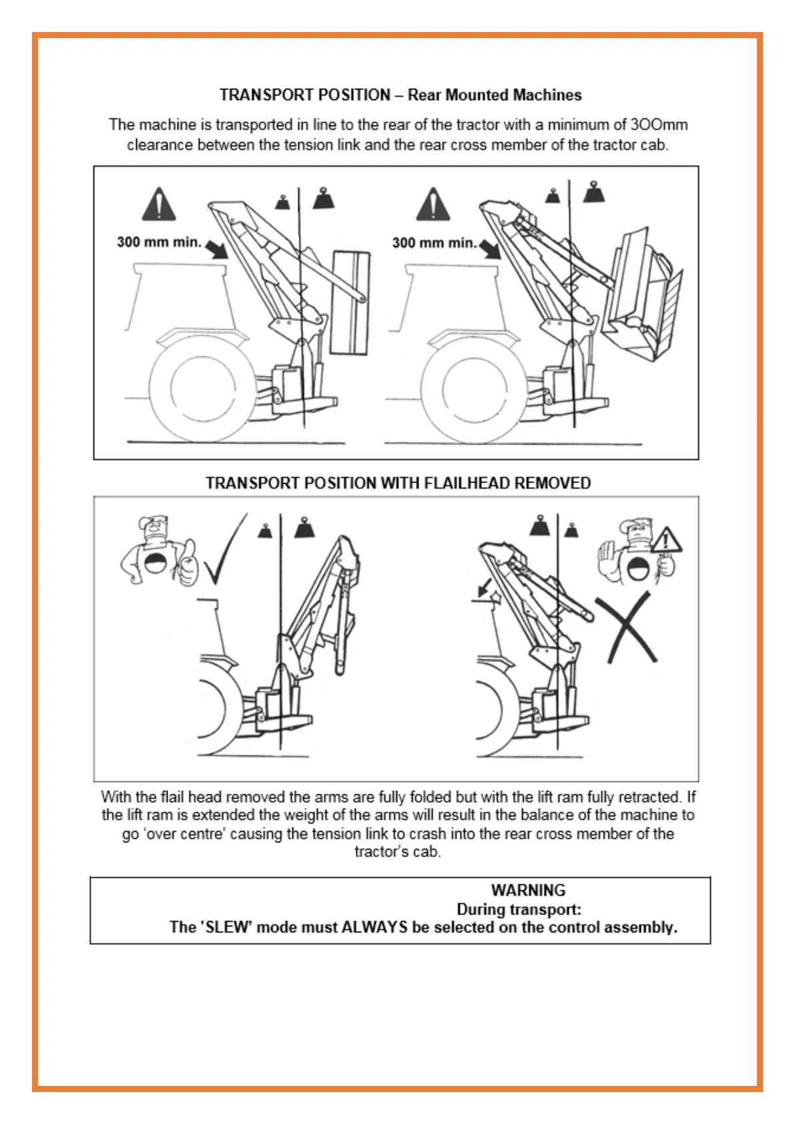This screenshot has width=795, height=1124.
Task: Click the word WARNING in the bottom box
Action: click(x=528, y=890)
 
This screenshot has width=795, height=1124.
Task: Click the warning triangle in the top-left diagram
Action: click(x=159, y=205)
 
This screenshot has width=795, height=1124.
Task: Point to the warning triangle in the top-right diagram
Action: click(x=433, y=205)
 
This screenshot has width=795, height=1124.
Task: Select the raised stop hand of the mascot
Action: click(x=608, y=553)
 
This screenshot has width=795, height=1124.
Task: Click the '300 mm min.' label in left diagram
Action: click(x=159, y=242)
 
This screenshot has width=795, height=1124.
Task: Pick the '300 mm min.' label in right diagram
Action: click(x=434, y=243)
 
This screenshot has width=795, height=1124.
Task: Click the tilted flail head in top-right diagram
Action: click(x=641, y=297)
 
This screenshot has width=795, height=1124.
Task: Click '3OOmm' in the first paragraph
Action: click(x=659, y=125)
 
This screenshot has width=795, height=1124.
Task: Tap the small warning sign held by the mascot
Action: click(x=666, y=539)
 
